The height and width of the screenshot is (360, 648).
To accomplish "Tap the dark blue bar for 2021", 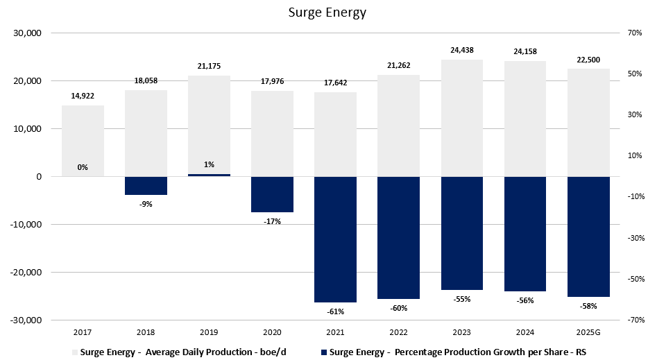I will pyautogui.click(x=335, y=239).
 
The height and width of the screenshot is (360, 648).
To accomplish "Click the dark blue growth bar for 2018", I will pyautogui.click(x=146, y=186).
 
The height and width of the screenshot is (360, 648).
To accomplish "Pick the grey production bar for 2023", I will pyautogui.click(x=461, y=118).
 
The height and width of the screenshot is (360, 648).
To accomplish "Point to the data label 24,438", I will pyautogui.click(x=461, y=50).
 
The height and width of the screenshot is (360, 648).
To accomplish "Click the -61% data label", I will pyautogui.click(x=335, y=311).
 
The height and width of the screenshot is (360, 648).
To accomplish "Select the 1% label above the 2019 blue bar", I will pyautogui.click(x=209, y=164).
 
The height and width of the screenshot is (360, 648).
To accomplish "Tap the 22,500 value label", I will pyautogui.click(x=588, y=59).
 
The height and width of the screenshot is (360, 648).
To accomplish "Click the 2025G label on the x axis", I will pyautogui.click(x=588, y=332).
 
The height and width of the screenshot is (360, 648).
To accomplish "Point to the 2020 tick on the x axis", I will pyautogui.click(x=272, y=332).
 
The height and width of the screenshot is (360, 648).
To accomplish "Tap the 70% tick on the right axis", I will pyautogui.click(x=636, y=33).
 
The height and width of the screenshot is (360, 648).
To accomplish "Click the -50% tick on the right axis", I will pyautogui.click(x=634, y=280).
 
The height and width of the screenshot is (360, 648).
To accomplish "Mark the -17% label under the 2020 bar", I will pyautogui.click(x=272, y=221).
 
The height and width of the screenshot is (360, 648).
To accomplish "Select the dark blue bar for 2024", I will pyautogui.click(x=525, y=234).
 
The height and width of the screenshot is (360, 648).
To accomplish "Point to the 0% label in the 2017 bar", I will pyautogui.click(x=83, y=167).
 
